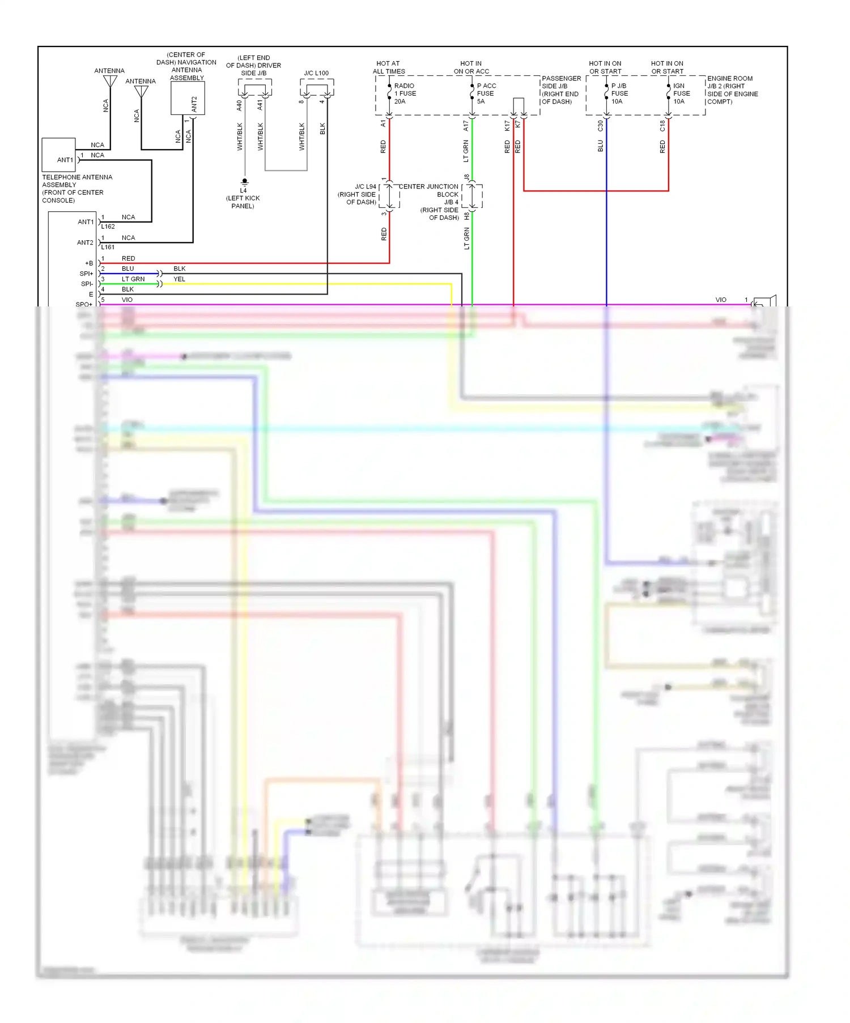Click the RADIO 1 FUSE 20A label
405,93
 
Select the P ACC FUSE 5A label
486,93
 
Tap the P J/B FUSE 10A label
619,93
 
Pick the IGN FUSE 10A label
681,93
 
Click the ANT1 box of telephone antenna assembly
59,155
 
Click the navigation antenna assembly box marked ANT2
188,99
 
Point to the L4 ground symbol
245,182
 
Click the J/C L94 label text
365,186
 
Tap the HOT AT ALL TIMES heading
389,67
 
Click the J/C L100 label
316,73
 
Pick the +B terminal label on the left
89,263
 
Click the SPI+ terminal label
86,274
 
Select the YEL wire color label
179,279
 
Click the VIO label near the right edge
721,300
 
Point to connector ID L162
108,227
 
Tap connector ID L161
108,247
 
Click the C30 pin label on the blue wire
600,126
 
